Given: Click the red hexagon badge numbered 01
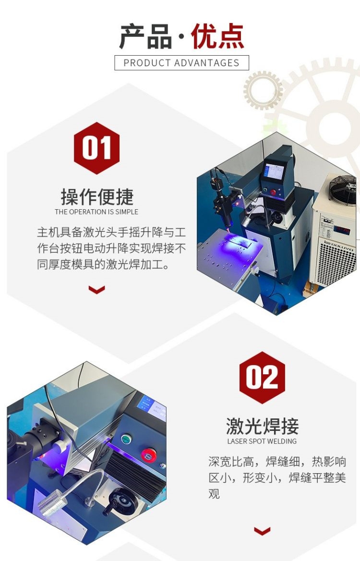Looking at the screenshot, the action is point(96,148).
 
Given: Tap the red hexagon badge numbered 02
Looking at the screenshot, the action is point(262,378).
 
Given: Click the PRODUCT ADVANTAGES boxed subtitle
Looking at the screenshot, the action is point(181,63).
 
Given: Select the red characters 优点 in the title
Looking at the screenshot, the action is point(217,36).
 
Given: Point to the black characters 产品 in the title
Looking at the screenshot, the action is point(145,36).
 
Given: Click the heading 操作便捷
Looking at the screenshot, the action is point(96,196).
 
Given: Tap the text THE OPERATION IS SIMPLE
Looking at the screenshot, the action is point(96,212).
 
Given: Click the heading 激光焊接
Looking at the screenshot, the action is point(262,426).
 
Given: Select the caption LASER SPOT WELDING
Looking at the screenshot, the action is point(262,441).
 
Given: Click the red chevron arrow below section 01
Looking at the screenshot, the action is point(96,289).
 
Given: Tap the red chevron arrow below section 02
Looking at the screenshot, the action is point(262,531).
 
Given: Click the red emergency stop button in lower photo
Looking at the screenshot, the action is point(148,455).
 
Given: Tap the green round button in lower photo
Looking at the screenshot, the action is point(126,439).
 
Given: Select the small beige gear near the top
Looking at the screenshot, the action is point(264,90).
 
